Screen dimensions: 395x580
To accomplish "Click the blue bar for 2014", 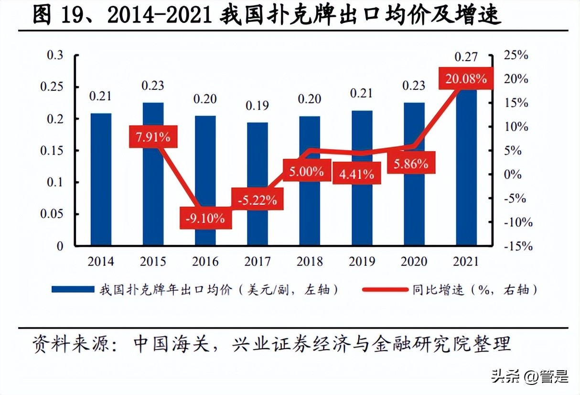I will tap(101, 179).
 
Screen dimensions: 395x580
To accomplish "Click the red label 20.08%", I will tap(466, 78).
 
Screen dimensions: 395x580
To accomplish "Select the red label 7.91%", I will tap(153, 137).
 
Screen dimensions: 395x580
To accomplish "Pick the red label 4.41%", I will tap(356, 174).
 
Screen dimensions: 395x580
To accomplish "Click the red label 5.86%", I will tap(411, 164).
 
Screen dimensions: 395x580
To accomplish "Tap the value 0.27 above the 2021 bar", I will tap(466, 57).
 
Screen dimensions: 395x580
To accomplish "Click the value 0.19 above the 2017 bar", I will tap(257, 105).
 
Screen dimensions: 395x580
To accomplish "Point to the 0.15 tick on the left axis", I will tap(54, 151).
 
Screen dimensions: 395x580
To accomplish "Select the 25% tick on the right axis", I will tap(516, 55).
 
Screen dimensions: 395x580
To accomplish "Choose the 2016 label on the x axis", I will tap(205, 262).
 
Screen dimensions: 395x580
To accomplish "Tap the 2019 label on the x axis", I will tap(362, 262).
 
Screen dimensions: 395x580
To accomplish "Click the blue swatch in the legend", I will tap(72, 289).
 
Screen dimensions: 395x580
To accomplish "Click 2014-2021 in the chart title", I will tap(160, 15).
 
